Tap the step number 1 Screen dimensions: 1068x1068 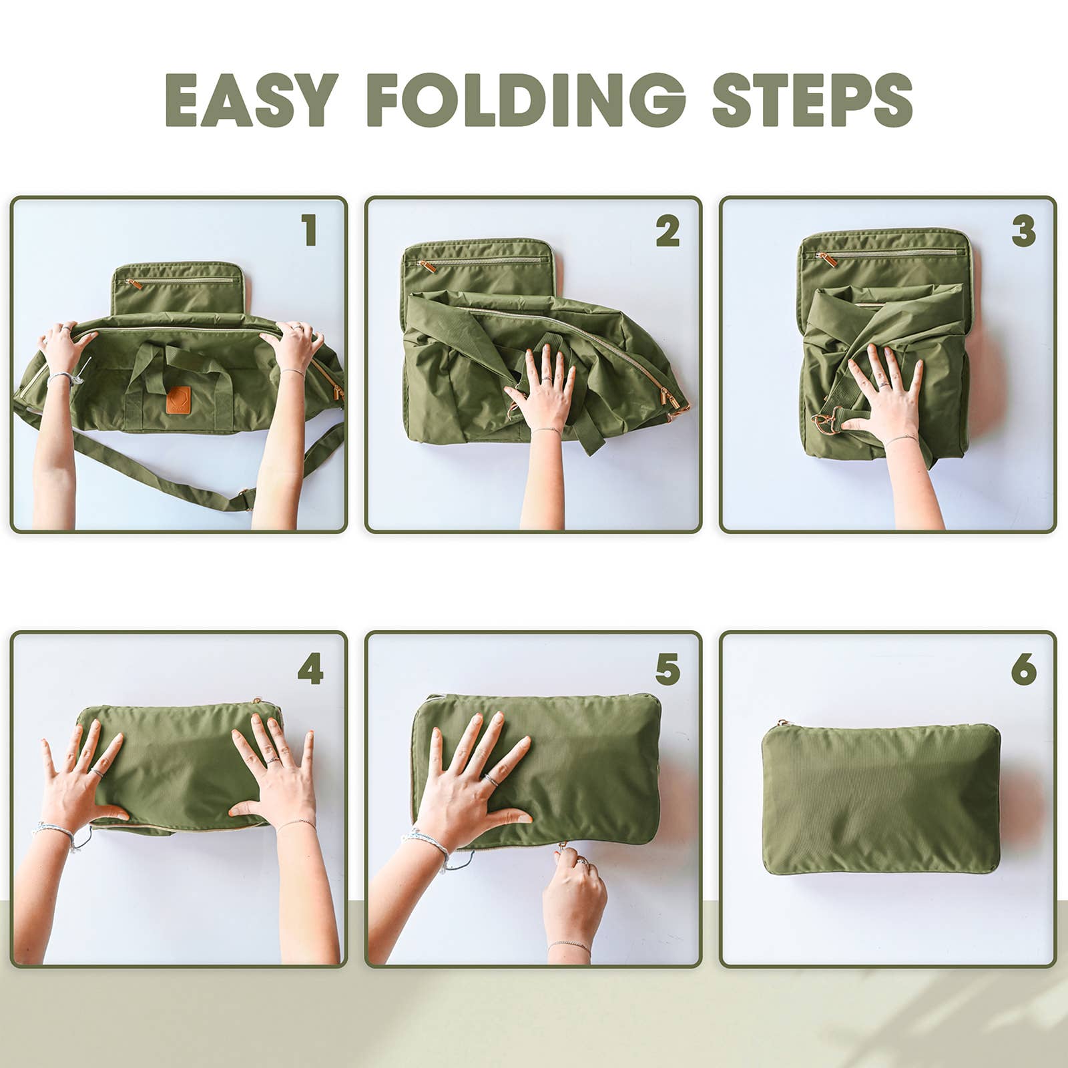point(308,230)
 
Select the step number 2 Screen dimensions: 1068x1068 point(667,230)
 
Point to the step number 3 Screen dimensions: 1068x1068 point(1023,230)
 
